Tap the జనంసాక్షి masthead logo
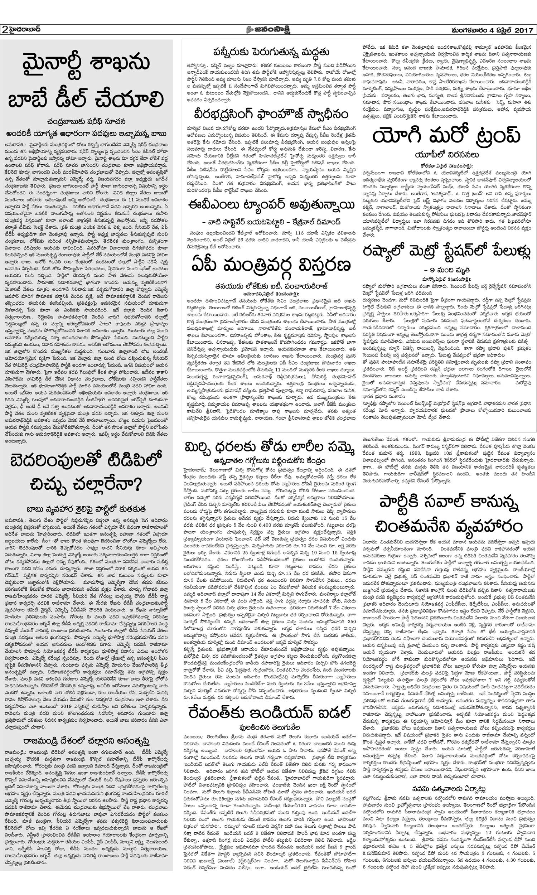point(268,29)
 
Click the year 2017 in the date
point(523,29)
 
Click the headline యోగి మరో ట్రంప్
point(447,136)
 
